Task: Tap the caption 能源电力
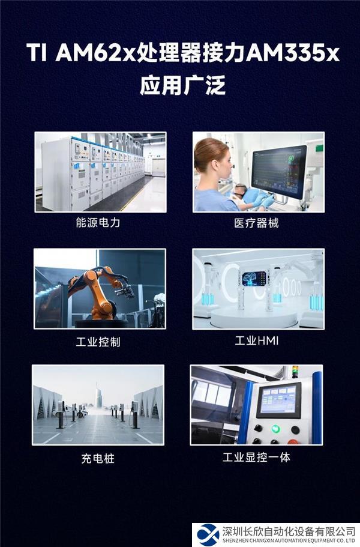coord(100,223)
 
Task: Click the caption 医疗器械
coord(257,223)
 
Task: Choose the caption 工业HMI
coord(257,341)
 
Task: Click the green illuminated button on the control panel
coord(275,429)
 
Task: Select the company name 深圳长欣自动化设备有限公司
coord(289,531)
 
